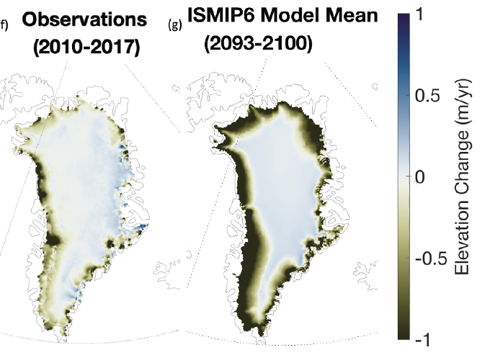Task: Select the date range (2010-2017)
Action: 86,48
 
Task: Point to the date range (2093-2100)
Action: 257,43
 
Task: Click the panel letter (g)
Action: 174,24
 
